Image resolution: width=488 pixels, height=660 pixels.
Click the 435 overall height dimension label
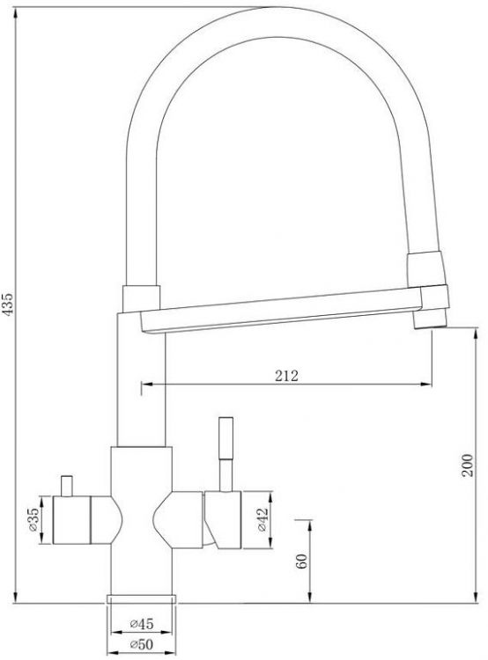pyautogui.click(x=9, y=303)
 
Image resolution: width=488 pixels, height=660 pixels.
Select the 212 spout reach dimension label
pyautogui.click(x=286, y=376)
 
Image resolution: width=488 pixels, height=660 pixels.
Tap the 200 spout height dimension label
pyautogui.click(x=468, y=466)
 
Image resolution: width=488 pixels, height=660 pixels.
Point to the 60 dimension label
pyautogui.click(x=301, y=561)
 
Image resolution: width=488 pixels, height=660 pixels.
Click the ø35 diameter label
pyautogui.click(x=33, y=519)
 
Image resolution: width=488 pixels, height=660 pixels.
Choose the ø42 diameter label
pyautogui.click(x=262, y=520)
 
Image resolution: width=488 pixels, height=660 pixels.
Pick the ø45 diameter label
pyautogui.click(x=142, y=623)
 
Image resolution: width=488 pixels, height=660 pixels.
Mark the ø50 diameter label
pyautogui.click(x=142, y=644)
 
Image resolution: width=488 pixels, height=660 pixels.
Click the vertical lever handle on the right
pyautogui.click(x=226, y=454)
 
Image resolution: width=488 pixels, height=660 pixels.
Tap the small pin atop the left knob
pyautogui.click(x=67, y=486)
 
